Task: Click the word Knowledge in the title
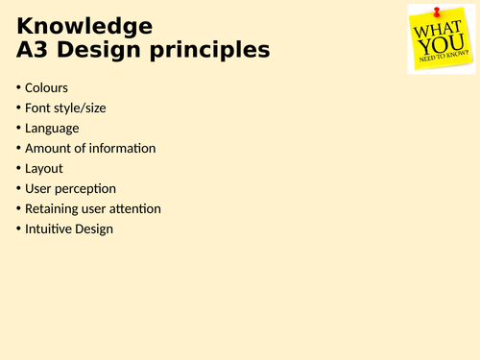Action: coord(84,26)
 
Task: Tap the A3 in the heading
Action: coord(36,49)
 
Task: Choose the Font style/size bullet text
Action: coord(65,108)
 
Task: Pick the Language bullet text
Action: coord(53,128)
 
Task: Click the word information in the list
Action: coord(122,148)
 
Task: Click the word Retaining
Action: coord(53,208)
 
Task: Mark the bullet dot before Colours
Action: coord(18,87)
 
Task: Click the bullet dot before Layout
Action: coord(18,168)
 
